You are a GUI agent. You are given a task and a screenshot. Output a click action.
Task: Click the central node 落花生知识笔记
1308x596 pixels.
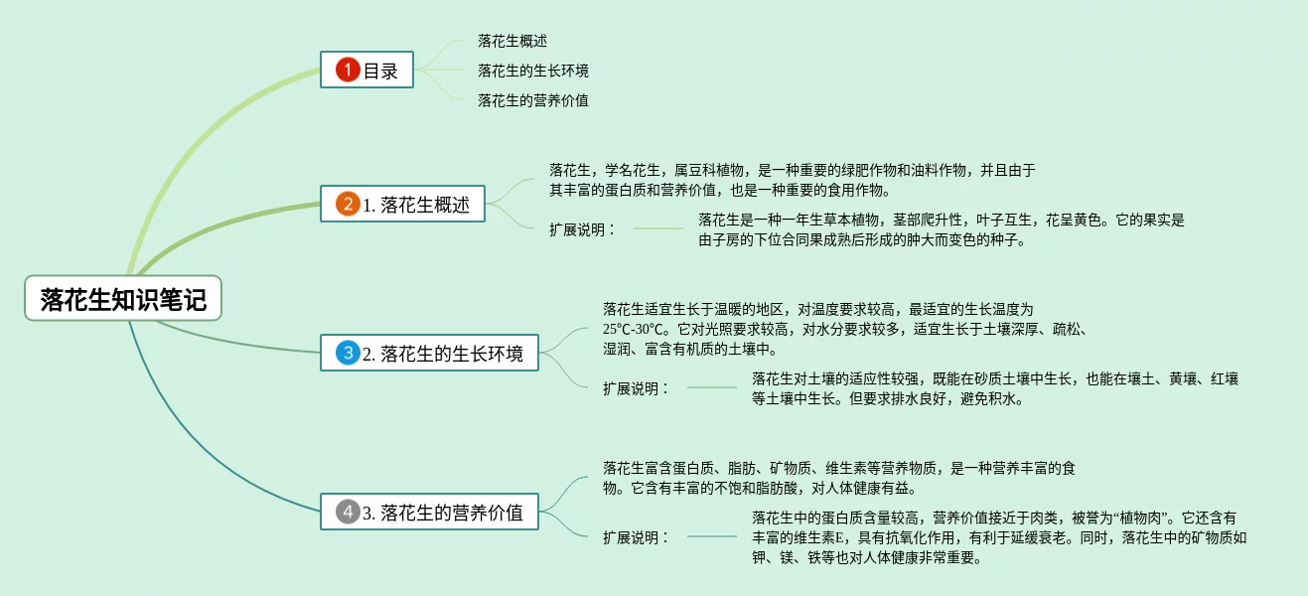pos(123,298)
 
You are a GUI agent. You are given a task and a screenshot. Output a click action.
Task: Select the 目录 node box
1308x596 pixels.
pos(366,70)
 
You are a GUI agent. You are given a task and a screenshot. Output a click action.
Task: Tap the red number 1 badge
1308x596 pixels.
pos(347,70)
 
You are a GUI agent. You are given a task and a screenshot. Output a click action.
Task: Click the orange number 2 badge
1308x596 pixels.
pos(347,205)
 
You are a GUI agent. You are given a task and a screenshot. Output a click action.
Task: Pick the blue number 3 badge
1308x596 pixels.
pos(347,352)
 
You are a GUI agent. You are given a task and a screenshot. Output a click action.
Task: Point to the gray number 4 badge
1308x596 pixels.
pos(347,513)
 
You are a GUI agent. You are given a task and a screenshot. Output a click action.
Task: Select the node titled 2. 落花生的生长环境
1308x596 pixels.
pos(429,352)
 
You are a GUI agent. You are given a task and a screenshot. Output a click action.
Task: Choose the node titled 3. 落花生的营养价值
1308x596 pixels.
pos(429,513)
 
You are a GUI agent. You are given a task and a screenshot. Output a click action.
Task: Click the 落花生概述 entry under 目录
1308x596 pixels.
pos(512,41)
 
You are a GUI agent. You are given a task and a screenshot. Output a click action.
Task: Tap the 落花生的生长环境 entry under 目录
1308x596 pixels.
pos(533,71)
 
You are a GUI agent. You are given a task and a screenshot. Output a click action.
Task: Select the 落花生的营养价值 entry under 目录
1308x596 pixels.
pos(533,100)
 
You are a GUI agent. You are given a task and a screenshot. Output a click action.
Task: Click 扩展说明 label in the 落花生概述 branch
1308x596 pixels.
pos(582,229)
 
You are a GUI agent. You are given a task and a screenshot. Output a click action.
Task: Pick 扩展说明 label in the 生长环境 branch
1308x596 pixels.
pos(636,388)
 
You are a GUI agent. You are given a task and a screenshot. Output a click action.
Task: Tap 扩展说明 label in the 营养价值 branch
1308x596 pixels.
pos(636,537)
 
